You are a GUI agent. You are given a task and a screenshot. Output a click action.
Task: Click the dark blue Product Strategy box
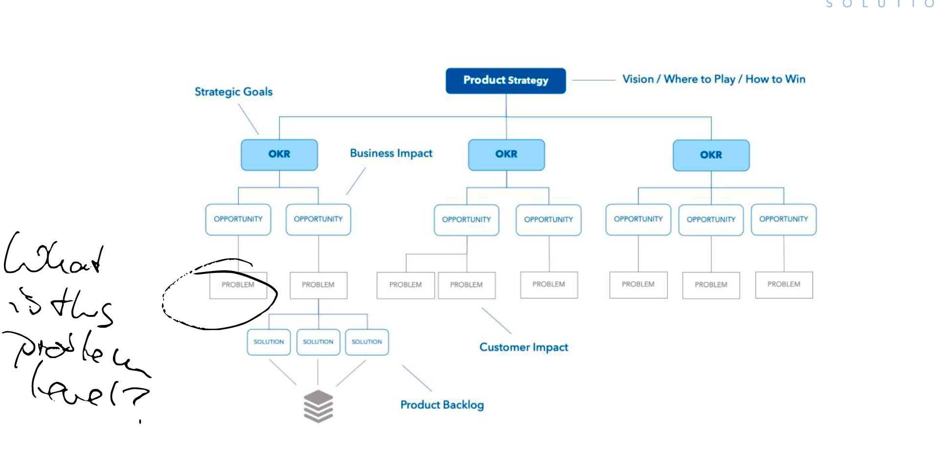coord(506,81)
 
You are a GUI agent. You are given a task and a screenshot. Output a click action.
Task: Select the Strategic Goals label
coord(234,92)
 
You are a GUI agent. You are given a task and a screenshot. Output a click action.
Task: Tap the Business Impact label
coord(391,154)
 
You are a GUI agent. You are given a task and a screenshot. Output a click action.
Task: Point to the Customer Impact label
coord(524,347)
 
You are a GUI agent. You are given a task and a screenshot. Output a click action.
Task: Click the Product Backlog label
coord(442,405)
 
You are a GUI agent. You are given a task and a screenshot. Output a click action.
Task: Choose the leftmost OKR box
coord(279,155)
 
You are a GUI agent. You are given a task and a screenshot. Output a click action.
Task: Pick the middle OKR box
coord(506,155)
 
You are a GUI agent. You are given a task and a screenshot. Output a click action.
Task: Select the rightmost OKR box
coord(711,155)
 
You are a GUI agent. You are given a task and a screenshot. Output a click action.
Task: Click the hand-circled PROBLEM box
coord(238,285)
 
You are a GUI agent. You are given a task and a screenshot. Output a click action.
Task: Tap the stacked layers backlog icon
coord(318,406)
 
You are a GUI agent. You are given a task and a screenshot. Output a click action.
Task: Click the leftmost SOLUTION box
coord(269,342)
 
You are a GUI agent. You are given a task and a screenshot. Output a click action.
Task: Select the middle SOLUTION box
coord(318,342)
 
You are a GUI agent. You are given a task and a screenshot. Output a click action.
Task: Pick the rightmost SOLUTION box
coord(367,342)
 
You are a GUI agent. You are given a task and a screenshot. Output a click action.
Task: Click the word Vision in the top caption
coord(638,79)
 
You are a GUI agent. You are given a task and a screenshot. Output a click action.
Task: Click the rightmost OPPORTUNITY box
coord(784,220)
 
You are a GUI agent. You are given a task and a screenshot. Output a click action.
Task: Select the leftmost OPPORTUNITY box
coord(238,220)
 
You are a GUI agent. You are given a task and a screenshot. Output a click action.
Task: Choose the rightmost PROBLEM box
coord(784,285)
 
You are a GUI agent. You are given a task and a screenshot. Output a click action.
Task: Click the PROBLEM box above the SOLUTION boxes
coord(318,285)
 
